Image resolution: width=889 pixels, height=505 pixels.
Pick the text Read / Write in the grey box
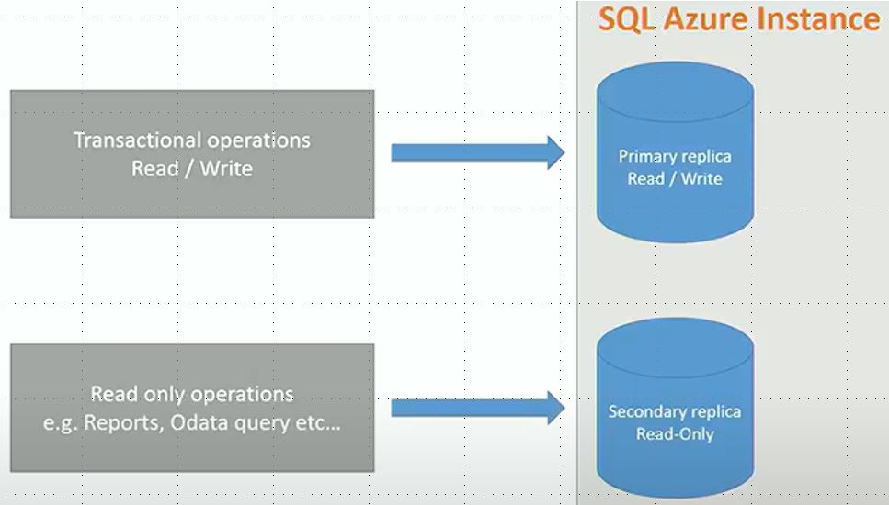click(191, 169)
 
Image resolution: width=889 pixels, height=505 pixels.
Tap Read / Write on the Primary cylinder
click(675, 178)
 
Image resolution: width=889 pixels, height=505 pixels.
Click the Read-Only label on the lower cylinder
click(675, 433)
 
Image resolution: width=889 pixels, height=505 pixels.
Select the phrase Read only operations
click(192, 395)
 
